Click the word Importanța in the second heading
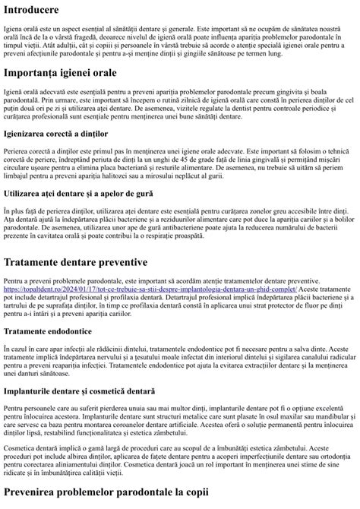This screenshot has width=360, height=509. (x=35, y=74)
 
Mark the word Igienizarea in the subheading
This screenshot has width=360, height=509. (x=30, y=133)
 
